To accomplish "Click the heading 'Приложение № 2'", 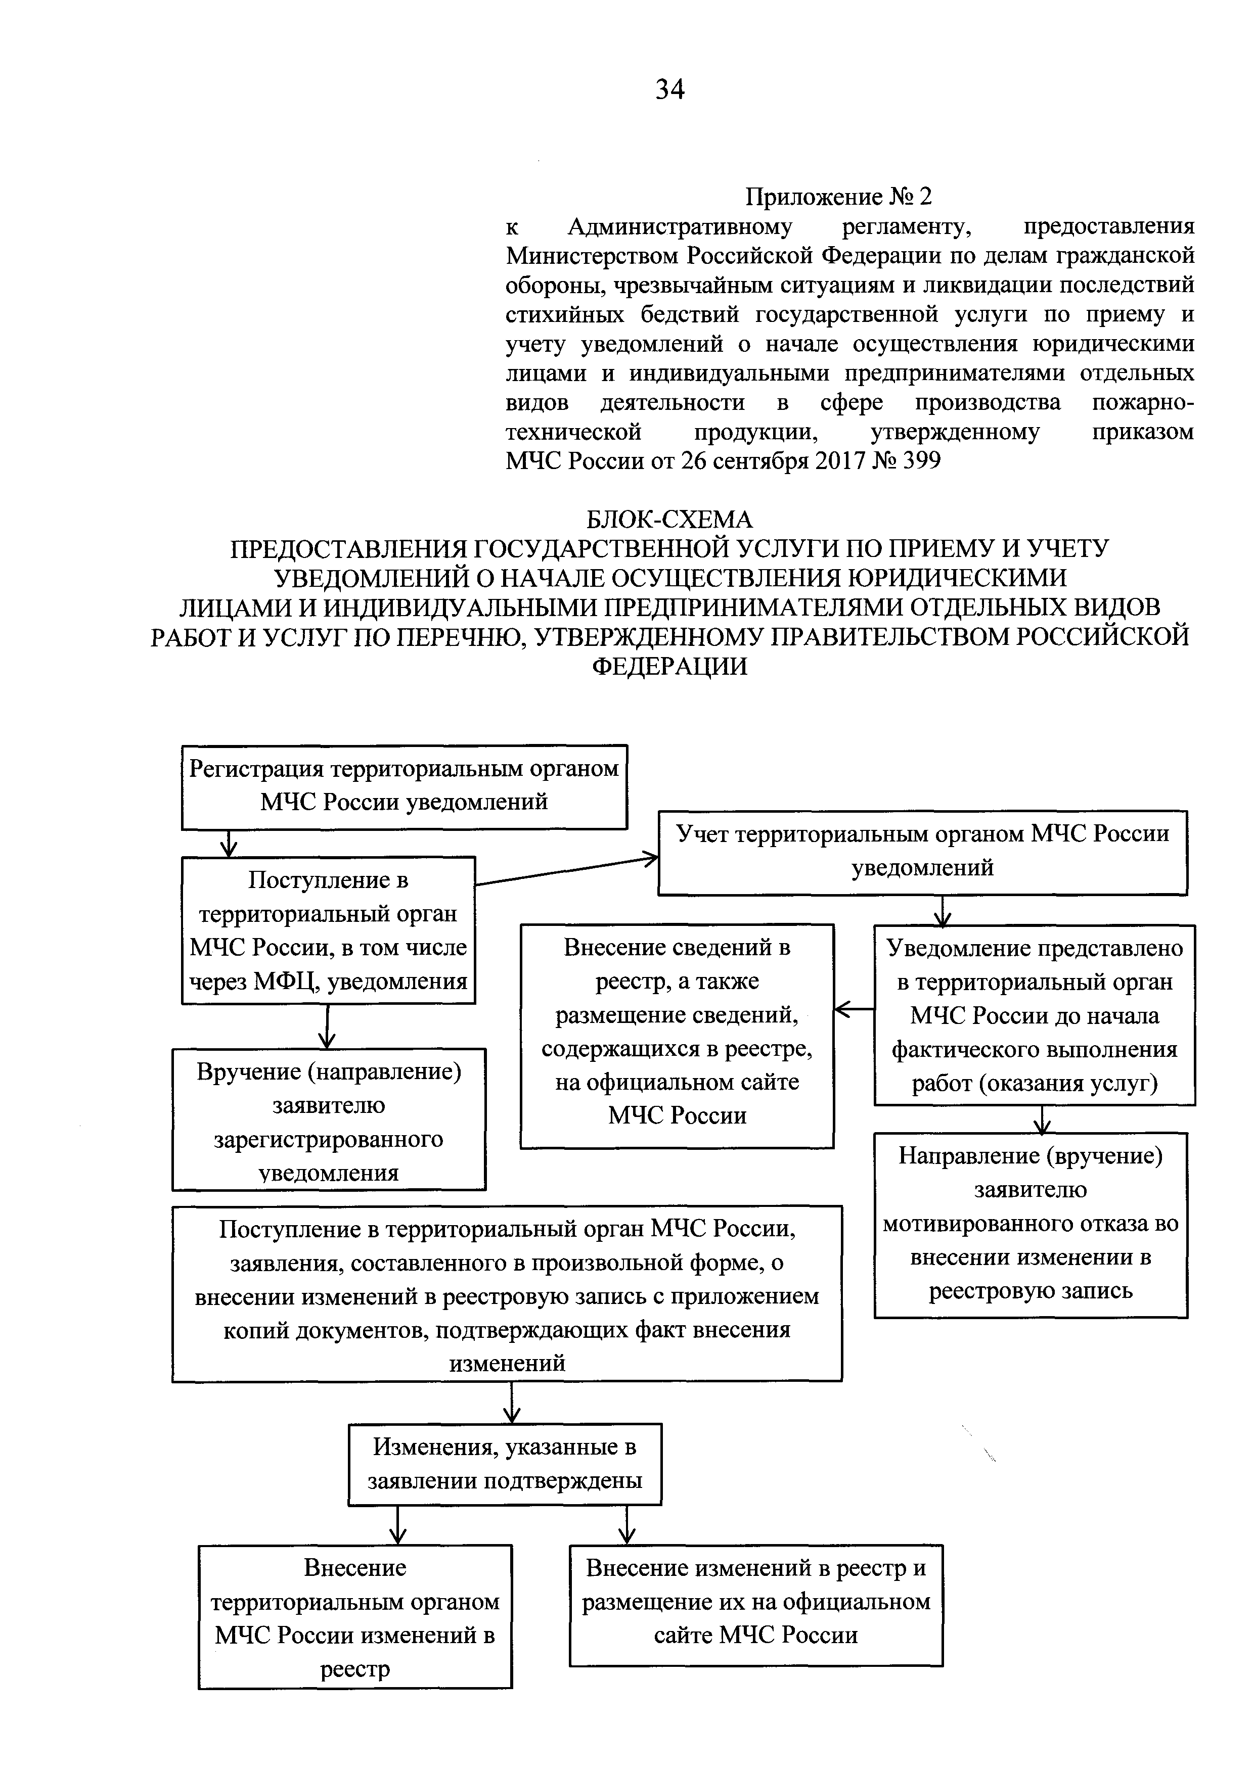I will coord(838,197).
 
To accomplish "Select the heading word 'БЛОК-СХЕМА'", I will coord(669,519).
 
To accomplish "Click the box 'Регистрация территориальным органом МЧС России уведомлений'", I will coord(404,786).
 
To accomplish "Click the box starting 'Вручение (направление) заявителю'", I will coord(328,1119).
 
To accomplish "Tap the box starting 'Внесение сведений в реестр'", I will coord(677,1036).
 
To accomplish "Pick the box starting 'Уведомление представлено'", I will coord(1035,1015).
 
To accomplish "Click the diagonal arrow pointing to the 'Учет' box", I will coord(566,870).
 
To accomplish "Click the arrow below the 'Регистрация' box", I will coord(229,843).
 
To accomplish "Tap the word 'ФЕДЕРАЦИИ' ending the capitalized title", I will coord(669,666).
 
